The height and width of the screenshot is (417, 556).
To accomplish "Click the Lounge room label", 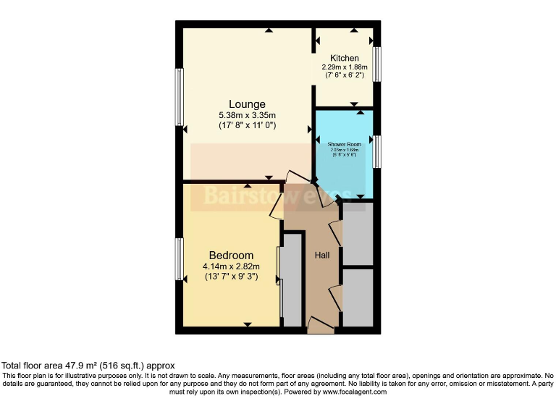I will [x=247, y=104].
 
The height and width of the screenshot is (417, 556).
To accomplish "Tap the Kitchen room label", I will [x=344, y=58].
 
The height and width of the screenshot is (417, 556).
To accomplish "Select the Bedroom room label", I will [x=231, y=256].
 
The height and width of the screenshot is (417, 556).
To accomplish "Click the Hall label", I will [x=322, y=256].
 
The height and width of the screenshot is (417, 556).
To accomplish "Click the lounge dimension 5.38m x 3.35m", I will [x=247, y=115].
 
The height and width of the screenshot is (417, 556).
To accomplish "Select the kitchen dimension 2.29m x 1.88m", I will [x=344, y=67].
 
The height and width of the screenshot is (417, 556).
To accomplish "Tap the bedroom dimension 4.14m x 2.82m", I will [x=231, y=266].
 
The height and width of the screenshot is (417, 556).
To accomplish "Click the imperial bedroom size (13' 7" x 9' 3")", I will [x=231, y=276].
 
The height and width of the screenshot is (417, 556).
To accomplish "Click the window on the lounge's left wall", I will [x=179, y=98].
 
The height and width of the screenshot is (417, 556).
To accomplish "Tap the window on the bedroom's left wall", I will [x=179, y=259].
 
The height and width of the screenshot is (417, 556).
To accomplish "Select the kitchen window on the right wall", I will [x=376, y=64].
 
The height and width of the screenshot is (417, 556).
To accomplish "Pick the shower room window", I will [x=376, y=151].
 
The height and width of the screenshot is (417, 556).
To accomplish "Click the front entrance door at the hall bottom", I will [x=320, y=327].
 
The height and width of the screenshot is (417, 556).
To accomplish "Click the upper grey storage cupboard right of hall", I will [x=358, y=234].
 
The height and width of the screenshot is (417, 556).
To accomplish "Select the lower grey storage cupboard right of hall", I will [x=358, y=298].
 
